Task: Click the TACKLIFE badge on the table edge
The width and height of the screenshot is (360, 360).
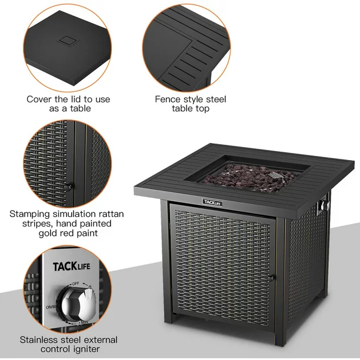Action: tap(212, 202)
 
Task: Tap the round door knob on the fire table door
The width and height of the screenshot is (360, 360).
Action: tap(270, 278)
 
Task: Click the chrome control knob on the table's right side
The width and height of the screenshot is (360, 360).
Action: tap(325, 205)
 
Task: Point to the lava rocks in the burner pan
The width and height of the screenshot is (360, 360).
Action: tap(250, 177)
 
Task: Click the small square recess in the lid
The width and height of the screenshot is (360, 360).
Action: tap(68, 41)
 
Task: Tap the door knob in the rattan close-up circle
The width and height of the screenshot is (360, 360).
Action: tap(68, 187)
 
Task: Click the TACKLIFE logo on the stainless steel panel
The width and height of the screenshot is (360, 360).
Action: tap(72, 266)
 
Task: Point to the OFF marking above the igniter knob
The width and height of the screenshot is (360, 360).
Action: tap(75, 284)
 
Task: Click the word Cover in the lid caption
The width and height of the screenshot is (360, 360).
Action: tap(39, 99)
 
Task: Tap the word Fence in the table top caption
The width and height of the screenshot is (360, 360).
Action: tap(168, 99)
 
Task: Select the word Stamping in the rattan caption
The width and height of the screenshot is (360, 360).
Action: tap(29, 214)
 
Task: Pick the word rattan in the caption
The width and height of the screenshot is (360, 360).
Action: tap(111, 214)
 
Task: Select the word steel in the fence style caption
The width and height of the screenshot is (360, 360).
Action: tap(216, 99)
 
